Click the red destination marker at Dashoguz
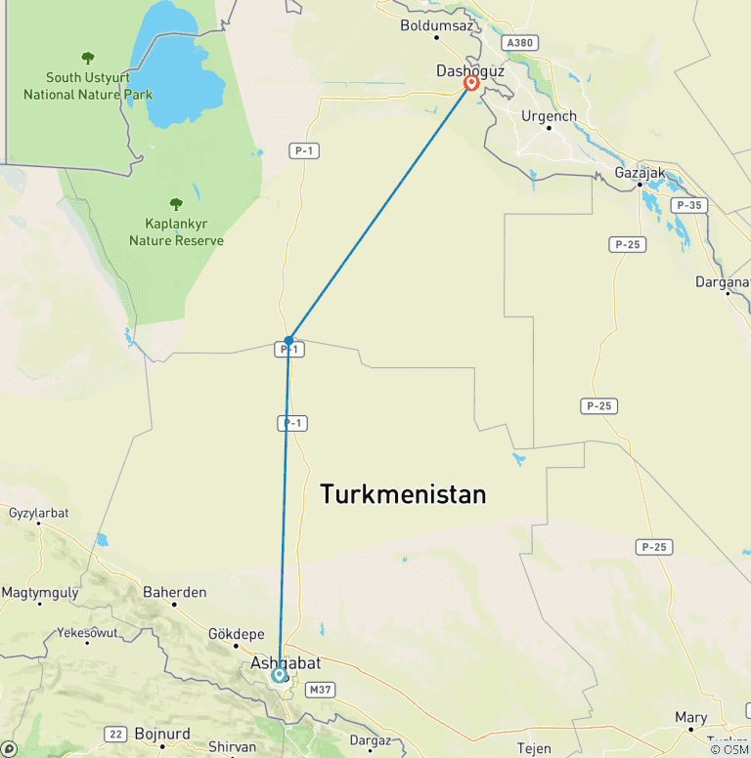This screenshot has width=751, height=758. point(471,83)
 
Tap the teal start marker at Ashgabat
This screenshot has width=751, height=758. point(280,674)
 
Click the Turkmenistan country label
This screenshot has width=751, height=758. point(403,495)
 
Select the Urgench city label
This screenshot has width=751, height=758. point(549,116)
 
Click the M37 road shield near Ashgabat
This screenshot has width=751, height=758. point(320,690)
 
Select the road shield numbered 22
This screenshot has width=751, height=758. point(116,734)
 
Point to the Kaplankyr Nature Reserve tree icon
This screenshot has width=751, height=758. point(176,204)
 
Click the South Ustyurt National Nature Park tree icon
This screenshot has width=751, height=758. point(88,58)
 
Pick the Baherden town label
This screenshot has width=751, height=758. point(175,592)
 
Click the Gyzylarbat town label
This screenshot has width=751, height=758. point(41,512)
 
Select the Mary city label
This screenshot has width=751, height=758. point(690,718)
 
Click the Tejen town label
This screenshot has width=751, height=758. point(534,748)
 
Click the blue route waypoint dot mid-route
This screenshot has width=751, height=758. point(288,340)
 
